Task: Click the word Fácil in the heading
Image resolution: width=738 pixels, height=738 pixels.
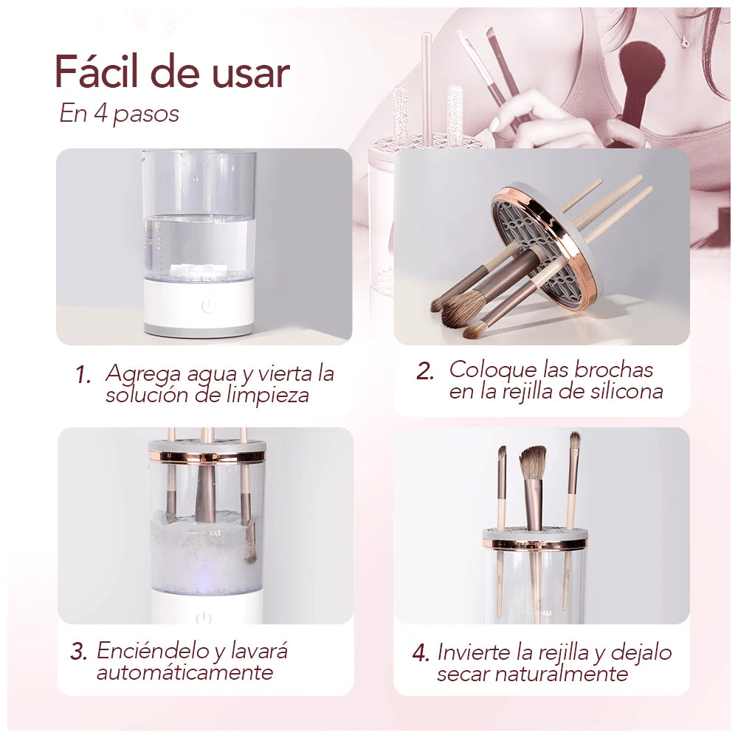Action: point(97,72)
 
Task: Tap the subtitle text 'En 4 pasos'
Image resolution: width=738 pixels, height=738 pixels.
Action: point(120,114)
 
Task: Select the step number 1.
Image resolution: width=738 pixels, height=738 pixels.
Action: point(82,375)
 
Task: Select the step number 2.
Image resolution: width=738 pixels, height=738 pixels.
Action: point(424,371)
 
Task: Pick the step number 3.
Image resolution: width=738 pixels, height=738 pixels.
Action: point(78,652)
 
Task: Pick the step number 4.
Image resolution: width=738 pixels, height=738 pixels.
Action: point(421,653)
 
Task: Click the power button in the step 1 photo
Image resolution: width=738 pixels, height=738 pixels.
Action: point(209,306)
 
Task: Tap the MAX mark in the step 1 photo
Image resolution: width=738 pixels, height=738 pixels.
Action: point(220,221)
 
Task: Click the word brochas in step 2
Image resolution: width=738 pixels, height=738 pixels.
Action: point(613,370)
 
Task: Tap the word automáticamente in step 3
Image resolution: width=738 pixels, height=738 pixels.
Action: point(184,672)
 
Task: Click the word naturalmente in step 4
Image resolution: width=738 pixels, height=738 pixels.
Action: point(561,674)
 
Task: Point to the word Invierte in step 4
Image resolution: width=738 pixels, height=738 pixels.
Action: point(474,652)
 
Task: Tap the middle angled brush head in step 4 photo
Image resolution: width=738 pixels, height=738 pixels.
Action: point(534,462)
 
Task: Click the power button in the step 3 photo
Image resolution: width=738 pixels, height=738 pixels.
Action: point(204,618)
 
